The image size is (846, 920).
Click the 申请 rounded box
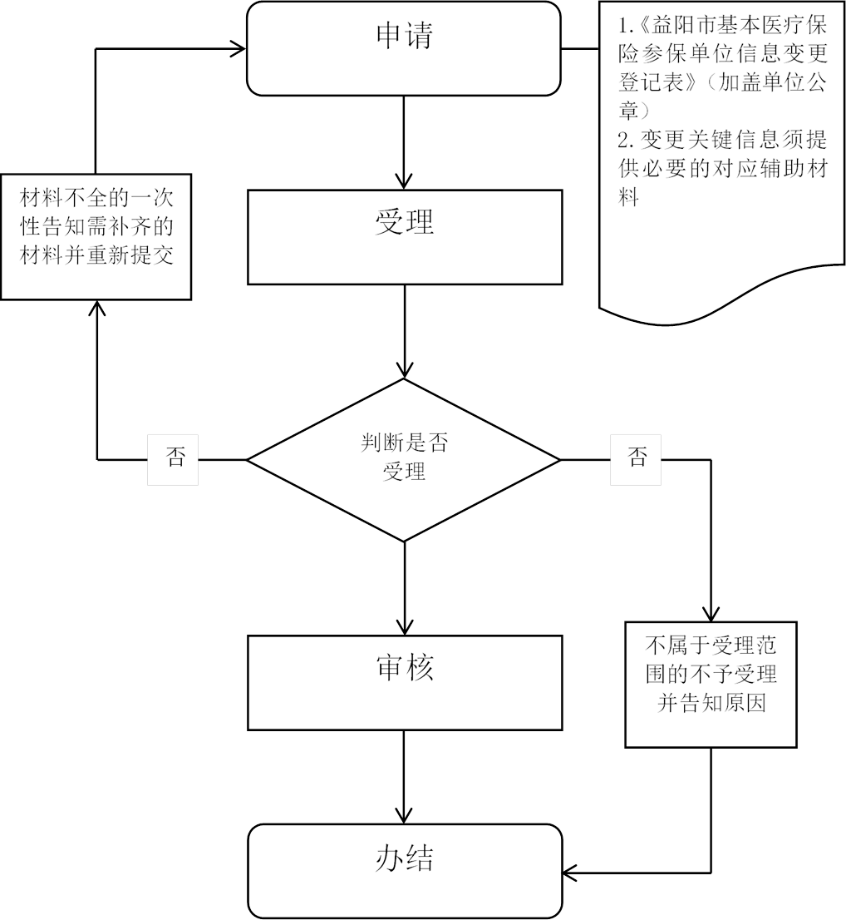pyautogui.click(x=405, y=47)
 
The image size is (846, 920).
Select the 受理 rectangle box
pyautogui.click(x=405, y=236)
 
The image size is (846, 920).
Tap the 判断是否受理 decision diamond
pyautogui.click(x=405, y=458)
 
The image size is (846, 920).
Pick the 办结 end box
pyautogui.click(x=405, y=870)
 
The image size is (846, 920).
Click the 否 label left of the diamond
pyautogui.click(x=173, y=458)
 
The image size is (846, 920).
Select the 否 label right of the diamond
pyautogui.click(x=637, y=458)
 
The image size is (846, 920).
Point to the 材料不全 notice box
pyautogui.click(x=96, y=235)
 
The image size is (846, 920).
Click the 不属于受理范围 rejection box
pyautogui.click(x=711, y=682)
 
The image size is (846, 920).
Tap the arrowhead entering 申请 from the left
pyautogui.click(x=239, y=47)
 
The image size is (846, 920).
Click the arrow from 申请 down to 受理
pyautogui.click(x=405, y=141)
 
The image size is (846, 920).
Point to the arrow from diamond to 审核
pyautogui.click(x=405, y=587)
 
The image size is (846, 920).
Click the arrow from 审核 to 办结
pyautogui.click(x=405, y=777)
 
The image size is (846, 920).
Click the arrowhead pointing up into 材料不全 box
pyautogui.click(x=97, y=308)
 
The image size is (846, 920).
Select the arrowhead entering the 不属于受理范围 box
pyautogui.click(x=711, y=612)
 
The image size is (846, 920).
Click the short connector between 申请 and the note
pyautogui.click(x=580, y=47)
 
